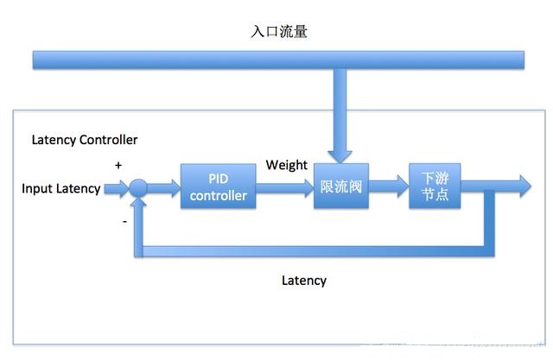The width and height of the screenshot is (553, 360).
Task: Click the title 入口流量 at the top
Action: click(x=279, y=31)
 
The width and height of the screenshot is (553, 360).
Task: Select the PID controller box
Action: click(x=219, y=186)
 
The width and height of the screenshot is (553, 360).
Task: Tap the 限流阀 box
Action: click(x=341, y=186)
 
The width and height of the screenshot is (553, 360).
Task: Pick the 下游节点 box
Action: click(x=435, y=186)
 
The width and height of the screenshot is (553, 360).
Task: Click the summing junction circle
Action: click(x=138, y=187)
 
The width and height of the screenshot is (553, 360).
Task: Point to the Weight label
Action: click(x=286, y=165)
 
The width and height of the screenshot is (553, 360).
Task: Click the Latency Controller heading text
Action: click(x=85, y=140)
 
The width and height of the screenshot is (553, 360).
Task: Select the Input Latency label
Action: click(x=61, y=188)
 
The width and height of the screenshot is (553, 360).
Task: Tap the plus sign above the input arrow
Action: click(x=118, y=165)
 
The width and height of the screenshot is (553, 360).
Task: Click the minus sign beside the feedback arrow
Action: click(x=124, y=222)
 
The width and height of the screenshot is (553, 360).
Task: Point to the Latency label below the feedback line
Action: click(x=304, y=281)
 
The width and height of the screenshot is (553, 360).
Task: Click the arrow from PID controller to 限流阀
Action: click(x=285, y=187)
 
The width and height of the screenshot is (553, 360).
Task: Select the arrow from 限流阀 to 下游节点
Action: click(x=389, y=186)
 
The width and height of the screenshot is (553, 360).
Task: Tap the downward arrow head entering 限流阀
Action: click(x=340, y=157)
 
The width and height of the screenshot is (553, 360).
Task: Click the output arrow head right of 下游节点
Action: click(x=525, y=186)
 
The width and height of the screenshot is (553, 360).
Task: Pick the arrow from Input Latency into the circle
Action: click(x=117, y=188)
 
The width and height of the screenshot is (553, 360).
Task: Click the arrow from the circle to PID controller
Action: click(x=164, y=187)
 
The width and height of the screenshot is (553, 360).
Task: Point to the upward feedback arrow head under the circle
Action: click(x=138, y=203)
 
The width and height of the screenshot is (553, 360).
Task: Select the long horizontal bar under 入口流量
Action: click(x=278, y=60)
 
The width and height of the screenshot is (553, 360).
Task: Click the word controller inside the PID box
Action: click(x=219, y=196)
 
